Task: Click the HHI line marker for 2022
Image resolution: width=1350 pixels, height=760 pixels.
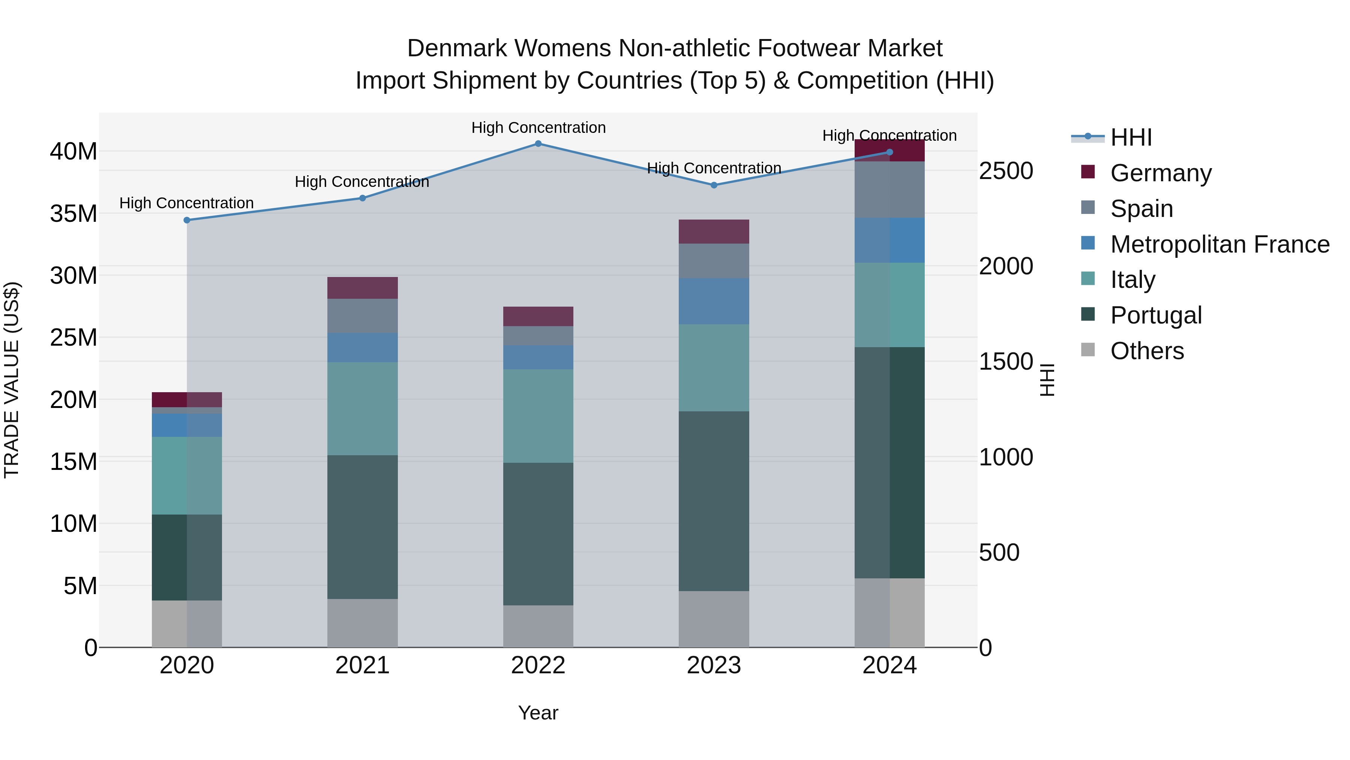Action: pos(538,143)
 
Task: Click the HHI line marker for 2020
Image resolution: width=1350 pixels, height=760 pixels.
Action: pos(187,220)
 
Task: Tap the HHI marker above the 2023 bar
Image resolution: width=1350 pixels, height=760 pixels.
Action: pos(714,185)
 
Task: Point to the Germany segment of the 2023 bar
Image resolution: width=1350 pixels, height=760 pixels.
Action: pos(714,231)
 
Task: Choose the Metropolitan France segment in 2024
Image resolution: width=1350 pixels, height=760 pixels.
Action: pos(889,240)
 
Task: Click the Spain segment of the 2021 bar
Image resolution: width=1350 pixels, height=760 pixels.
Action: pos(362,315)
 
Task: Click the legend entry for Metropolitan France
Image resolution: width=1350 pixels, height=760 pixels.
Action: pos(1219,244)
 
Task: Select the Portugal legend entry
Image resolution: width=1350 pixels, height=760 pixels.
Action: pos(1156,315)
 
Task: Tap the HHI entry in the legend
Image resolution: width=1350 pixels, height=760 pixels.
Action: pos(1131,137)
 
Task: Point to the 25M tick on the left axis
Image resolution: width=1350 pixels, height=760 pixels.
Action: pos(73,337)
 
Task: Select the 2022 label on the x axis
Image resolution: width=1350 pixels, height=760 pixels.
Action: pos(538,665)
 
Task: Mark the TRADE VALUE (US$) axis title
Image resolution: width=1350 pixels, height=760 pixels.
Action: pos(12,380)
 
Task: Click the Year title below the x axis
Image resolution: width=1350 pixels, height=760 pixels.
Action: pos(538,713)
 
